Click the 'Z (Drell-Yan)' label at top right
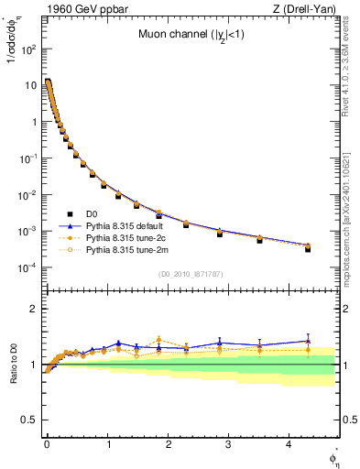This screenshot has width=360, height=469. point(307,9)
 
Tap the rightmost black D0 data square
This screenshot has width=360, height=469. point(308,248)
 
